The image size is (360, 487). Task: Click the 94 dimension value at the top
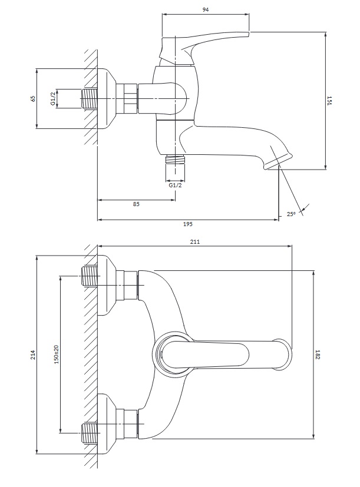pos(205,9)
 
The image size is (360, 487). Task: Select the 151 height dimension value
pos(331,101)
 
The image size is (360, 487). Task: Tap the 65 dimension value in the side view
pos(33,98)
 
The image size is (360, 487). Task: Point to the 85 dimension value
pos(136,204)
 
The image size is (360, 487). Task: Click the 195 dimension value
pos(189,224)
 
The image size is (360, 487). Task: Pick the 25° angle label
pos(290,214)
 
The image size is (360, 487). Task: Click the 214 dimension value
pos(33,355)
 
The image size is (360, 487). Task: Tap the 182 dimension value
pos(318,355)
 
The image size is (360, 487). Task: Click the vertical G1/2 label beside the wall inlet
pos(52,98)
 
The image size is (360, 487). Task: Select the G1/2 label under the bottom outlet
pos(175,185)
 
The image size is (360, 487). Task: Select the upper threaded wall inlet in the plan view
pos(90,276)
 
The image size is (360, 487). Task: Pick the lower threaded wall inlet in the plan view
pos(90,433)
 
